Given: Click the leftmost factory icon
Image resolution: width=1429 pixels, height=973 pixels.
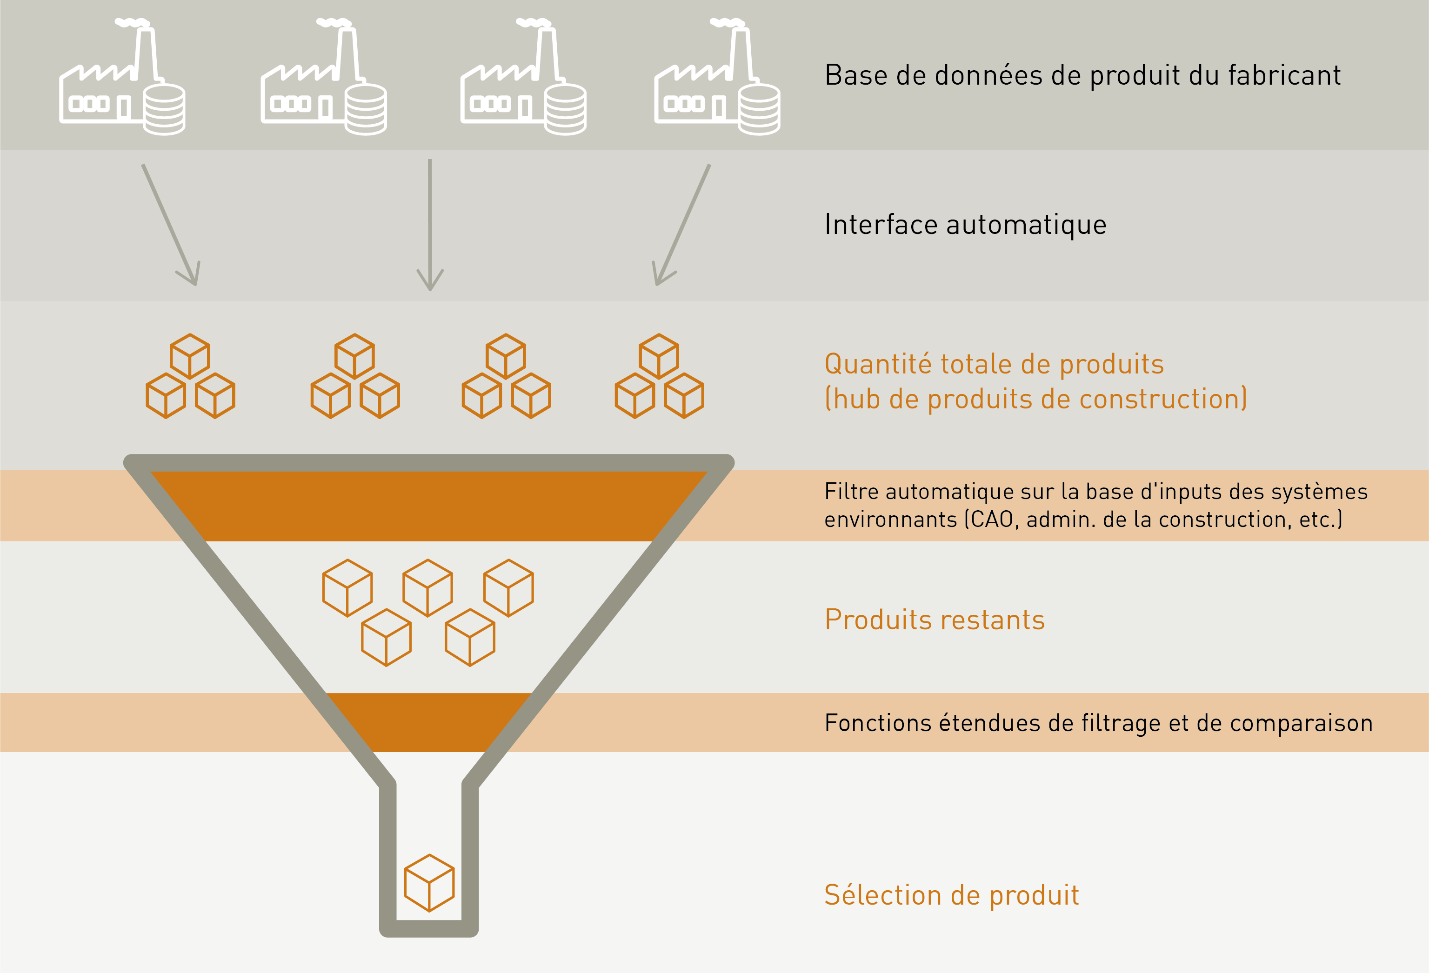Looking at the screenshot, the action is click(x=122, y=77).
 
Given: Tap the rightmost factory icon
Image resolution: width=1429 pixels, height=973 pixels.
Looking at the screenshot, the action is click(x=717, y=77).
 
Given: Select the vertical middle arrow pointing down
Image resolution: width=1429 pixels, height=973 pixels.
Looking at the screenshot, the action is click(x=430, y=224).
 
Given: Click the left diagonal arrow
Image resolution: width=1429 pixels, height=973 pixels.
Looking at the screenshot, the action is click(x=170, y=224).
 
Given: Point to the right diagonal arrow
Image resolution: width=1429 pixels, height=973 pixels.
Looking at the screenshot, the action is click(x=682, y=224).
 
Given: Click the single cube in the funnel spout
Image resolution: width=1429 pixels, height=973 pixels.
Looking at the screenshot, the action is click(x=429, y=883).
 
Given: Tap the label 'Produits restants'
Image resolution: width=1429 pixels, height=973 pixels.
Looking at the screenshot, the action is click(x=935, y=620).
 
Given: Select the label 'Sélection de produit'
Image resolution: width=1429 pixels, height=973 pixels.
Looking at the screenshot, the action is click(x=952, y=895).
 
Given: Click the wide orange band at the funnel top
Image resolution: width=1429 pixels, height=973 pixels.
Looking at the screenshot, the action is click(x=428, y=506).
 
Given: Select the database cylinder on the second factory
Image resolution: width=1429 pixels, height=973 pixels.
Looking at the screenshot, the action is click(x=366, y=109).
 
